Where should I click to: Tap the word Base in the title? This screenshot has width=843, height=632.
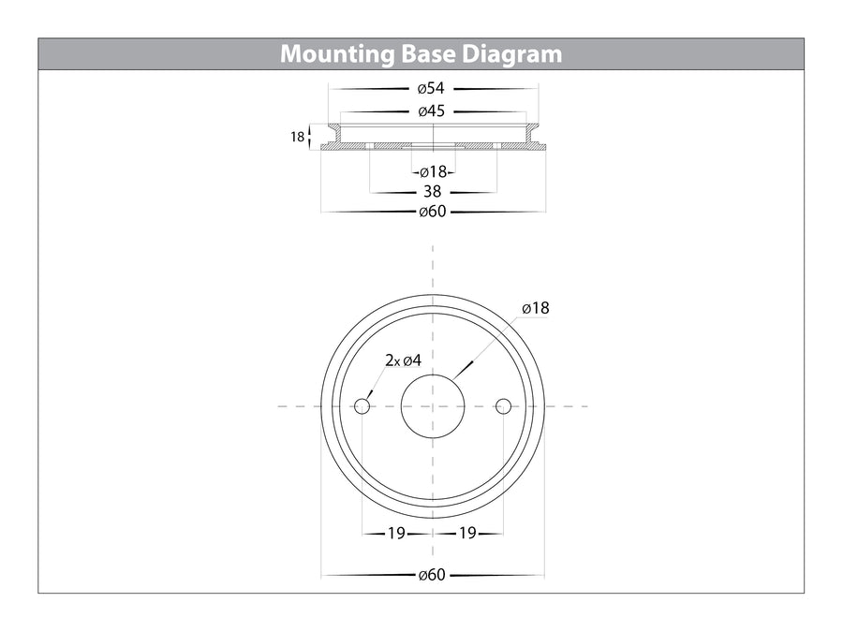425,53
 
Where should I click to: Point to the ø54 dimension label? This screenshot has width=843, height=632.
432,89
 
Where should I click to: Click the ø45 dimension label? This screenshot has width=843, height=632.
432,111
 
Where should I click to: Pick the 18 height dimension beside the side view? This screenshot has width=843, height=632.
297,138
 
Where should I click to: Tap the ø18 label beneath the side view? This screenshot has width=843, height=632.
432,172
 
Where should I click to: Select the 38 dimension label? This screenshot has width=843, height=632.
432,192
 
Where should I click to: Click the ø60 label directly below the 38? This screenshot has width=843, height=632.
432,212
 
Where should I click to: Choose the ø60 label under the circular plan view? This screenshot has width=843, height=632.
432,575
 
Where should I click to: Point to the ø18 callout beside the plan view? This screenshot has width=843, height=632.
536,308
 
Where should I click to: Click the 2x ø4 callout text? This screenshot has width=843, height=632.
404,360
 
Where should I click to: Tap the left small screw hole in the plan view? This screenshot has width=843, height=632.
362,406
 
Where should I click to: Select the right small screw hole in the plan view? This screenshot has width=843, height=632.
504,406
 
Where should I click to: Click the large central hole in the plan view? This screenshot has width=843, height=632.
433,406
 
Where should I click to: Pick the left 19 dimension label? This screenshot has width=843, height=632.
396,534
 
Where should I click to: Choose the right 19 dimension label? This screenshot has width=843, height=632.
468,534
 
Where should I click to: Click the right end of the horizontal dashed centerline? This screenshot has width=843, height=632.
586,406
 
